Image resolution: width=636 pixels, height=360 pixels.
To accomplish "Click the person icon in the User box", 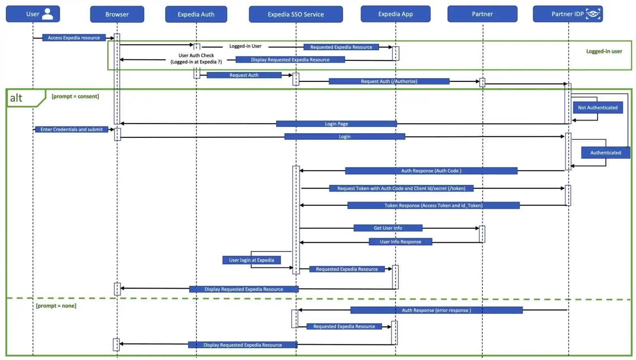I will click(x=48, y=14).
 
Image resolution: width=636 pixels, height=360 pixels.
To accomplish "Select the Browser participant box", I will click(x=117, y=14).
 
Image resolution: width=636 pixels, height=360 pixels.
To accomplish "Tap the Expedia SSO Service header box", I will click(x=296, y=14).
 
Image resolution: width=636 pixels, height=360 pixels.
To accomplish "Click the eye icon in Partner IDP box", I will click(x=593, y=14).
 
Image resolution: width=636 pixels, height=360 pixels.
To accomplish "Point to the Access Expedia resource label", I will click(x=74, y=38).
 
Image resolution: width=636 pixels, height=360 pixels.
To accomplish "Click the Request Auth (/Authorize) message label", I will click(x=389, y=81).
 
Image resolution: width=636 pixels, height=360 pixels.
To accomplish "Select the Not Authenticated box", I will click(x=598, y=107).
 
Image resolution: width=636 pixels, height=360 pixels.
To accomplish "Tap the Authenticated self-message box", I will click(x=605, y=152).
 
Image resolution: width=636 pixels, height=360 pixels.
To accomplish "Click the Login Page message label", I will click(x=336, y=124).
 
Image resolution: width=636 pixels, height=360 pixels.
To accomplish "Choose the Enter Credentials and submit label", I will click(x=71, y=129).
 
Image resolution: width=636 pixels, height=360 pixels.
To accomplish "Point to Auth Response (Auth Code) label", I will click(x=431, y=171).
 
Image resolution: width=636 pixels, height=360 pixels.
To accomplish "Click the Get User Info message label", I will click(x=388, y=228).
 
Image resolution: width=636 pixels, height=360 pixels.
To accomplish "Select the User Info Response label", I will click(x=400, y=242).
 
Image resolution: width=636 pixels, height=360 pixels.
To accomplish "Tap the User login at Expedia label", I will click(x=251, y=260).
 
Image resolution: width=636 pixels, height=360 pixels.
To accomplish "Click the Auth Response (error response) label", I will click(x=436, y=310).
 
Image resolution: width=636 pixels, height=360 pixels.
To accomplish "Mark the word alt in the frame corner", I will click(x=16, y=98).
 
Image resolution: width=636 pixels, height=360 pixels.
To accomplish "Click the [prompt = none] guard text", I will click(x=56, y=306).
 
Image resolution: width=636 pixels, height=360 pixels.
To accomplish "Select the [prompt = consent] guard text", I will click(x=75, y=96).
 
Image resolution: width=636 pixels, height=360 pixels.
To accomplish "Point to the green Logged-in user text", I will click(x=604, y=51).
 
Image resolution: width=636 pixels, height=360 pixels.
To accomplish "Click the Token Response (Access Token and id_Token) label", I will click(x=433, y=206).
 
